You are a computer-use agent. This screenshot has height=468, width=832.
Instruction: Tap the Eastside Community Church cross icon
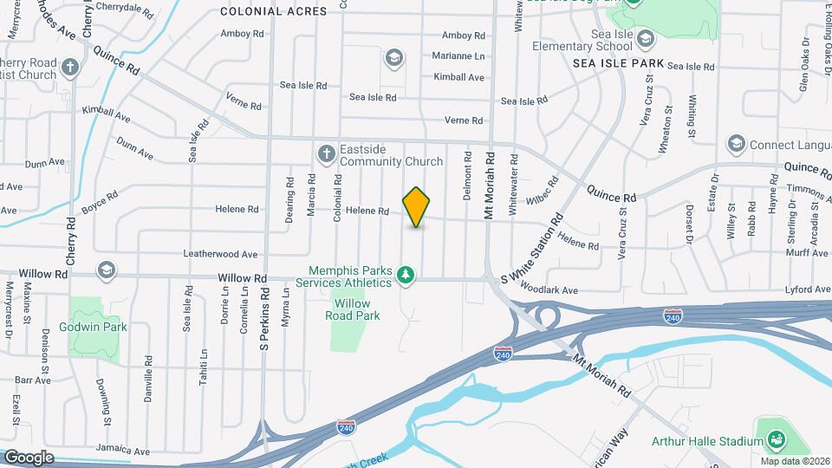click(x=327, y=154)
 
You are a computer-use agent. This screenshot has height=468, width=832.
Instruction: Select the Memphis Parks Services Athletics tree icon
click(x=406, y=276)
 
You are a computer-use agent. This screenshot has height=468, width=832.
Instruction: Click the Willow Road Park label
click(x=353, y=309)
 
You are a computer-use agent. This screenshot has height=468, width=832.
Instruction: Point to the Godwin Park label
click(x=94, y=327)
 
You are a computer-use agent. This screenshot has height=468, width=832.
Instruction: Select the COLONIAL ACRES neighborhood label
click(x=273, y=11)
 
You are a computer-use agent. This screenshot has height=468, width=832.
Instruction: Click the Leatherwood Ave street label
click(x=220, y=255)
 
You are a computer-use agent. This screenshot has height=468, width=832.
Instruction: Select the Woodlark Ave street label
click(x=549, y=289)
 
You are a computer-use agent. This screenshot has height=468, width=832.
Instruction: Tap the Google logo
click(x=29, y=457)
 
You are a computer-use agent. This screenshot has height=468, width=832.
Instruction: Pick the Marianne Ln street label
click(x=458, y=55)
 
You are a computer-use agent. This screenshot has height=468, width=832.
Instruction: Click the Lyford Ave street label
click(x=808, y=289)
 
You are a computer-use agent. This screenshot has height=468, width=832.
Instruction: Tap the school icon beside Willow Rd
click(x=107, y=270)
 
